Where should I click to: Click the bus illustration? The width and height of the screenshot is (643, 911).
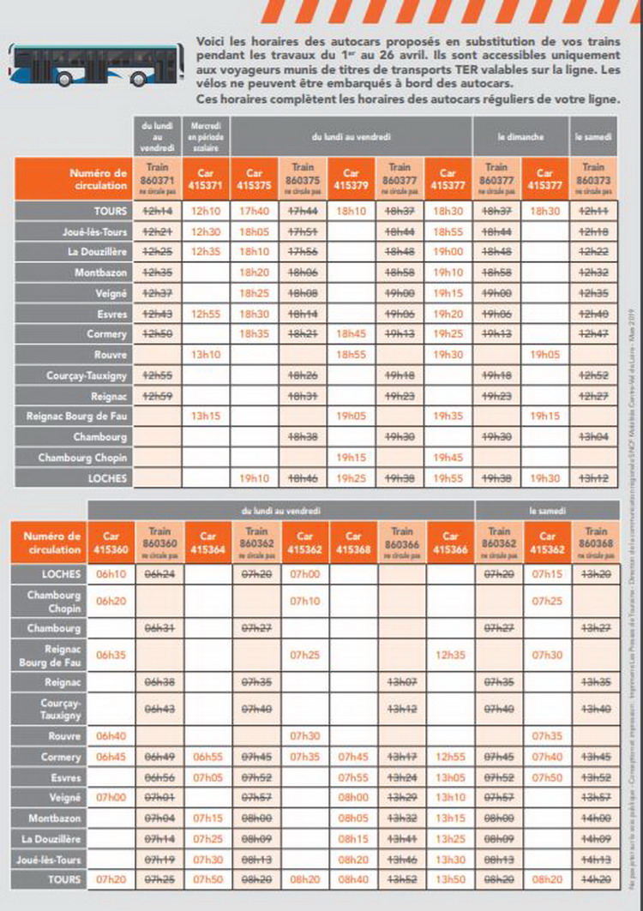(98, 63)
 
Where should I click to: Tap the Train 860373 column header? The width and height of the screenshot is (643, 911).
(592, 177)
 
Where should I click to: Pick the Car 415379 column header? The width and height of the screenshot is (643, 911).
(352, 177)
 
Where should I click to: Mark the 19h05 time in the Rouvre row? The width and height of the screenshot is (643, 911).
(545, 354)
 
